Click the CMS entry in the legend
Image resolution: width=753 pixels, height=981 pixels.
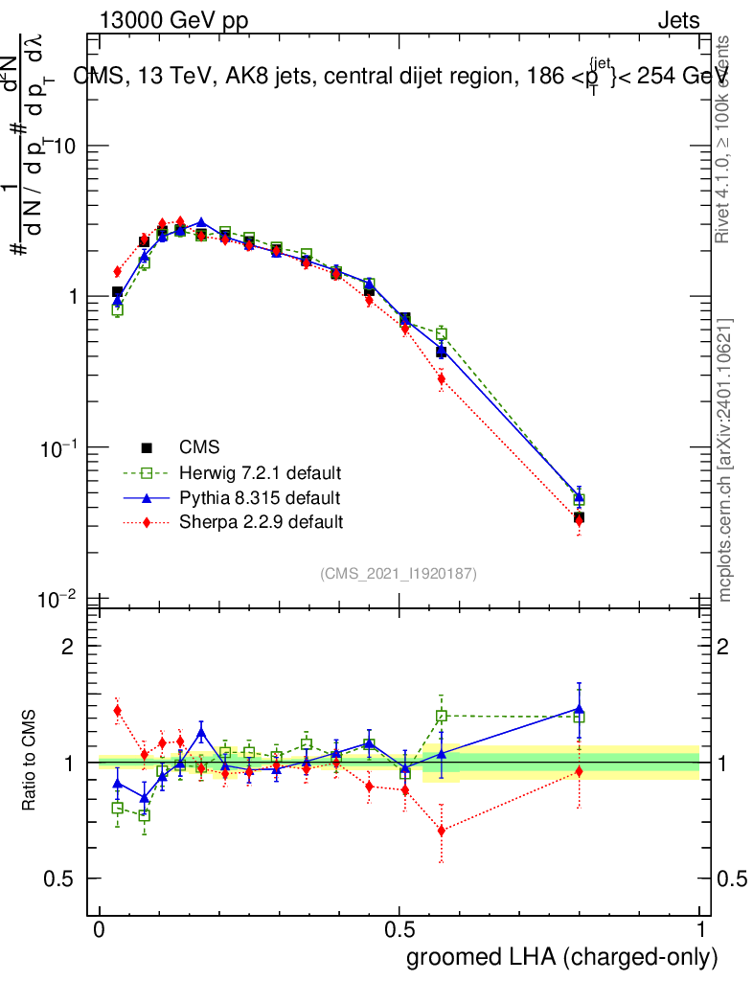(x=198, y=447)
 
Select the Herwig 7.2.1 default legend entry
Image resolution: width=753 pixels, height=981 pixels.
(x=260, y=472)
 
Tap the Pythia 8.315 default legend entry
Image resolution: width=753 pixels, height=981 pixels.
(x=259, y=497)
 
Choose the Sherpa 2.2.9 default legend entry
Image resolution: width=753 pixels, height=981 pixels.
(x=261, y=522)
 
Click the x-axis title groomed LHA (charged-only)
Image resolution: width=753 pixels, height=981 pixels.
(x=562, y=956)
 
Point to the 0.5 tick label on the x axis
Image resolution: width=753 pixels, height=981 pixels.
(x=399, y=930)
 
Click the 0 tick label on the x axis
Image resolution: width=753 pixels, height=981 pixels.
(x=100, y=930)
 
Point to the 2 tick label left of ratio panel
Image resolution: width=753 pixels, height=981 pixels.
(x=67, y=647)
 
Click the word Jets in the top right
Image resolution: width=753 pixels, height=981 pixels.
(x=677, y=21)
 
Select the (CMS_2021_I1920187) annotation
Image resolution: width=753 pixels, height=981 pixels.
(x=399, y=573)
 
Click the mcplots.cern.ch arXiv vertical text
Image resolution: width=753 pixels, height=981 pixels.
(x=725, y=460)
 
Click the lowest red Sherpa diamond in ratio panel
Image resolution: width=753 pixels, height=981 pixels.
(x=441, y=831)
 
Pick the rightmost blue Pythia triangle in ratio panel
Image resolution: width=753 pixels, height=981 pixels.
(x=579, y=710)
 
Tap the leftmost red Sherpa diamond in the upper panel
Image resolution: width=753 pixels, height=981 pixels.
(x=117, y=271)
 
